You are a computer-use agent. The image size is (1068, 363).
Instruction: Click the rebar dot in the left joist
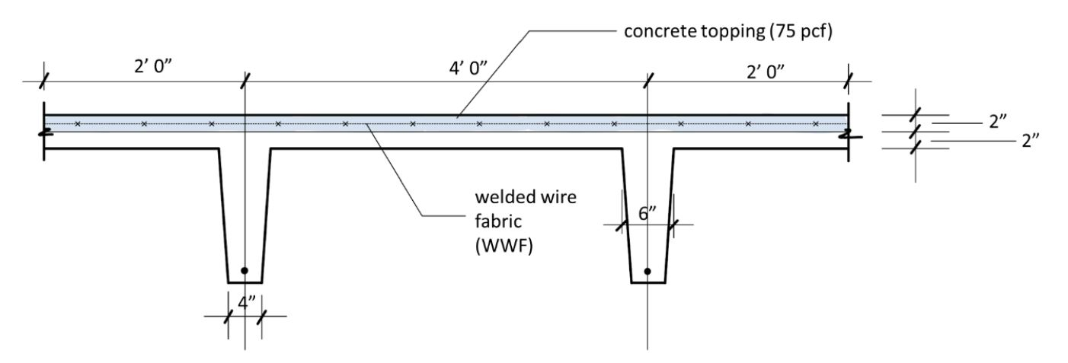point(244,270)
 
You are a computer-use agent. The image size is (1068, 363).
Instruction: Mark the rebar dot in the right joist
point(648,270)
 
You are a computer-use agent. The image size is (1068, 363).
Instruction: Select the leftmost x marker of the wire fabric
point(77,123)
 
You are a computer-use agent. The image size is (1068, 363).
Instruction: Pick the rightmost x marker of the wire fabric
point(815,123)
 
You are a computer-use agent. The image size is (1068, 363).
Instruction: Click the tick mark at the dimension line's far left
point(44,78)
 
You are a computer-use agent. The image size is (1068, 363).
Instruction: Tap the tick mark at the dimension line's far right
point(849,78)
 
